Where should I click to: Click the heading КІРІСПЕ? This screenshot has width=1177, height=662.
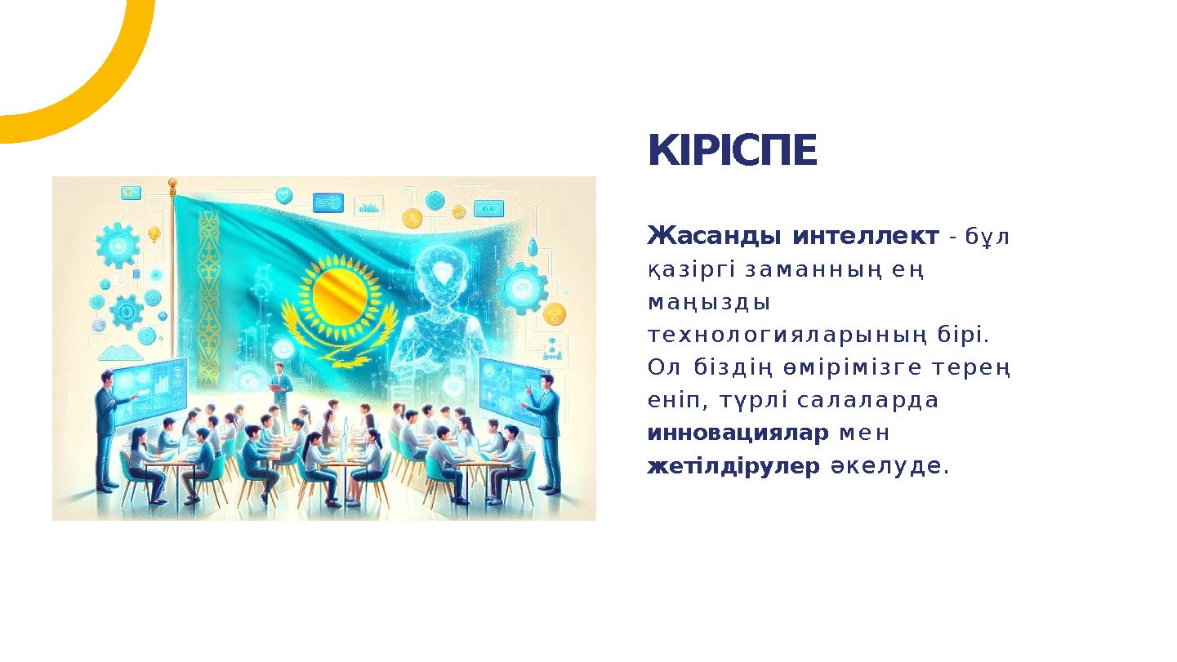point(732,151)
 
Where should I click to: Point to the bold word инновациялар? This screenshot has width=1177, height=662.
point(738,433)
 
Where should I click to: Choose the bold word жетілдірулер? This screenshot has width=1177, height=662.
point(733,467)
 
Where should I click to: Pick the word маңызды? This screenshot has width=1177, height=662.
point(708,303)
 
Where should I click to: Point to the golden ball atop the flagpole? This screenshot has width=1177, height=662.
point(172,183)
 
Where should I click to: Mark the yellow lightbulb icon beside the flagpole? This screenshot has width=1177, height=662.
point(153,234)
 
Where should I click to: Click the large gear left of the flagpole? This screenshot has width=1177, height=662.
point(118,243)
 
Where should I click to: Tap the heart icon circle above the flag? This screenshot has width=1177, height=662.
point(283,195)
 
